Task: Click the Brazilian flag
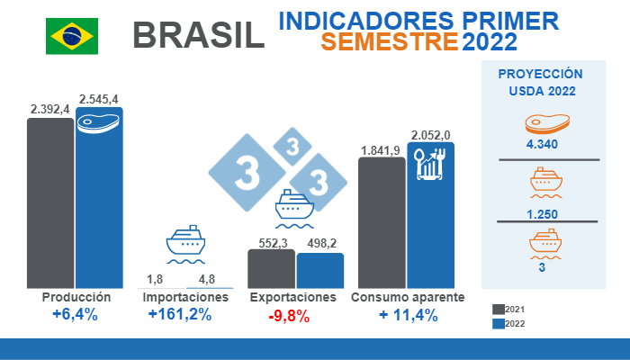pos(72,36)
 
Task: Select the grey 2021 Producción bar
pos(50,202)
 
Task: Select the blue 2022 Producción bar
pos(99,202)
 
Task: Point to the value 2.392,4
pos(50,110)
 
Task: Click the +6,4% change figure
pos(75,315)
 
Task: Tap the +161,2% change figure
pos(180,315)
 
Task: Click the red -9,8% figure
pos(288,315)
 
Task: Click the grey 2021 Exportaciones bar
pos(271,268)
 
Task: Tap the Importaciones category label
pos(185,297)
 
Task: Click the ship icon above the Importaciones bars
pos(186,242)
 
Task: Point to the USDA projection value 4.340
pos(542,144)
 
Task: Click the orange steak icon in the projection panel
pos(542,125)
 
